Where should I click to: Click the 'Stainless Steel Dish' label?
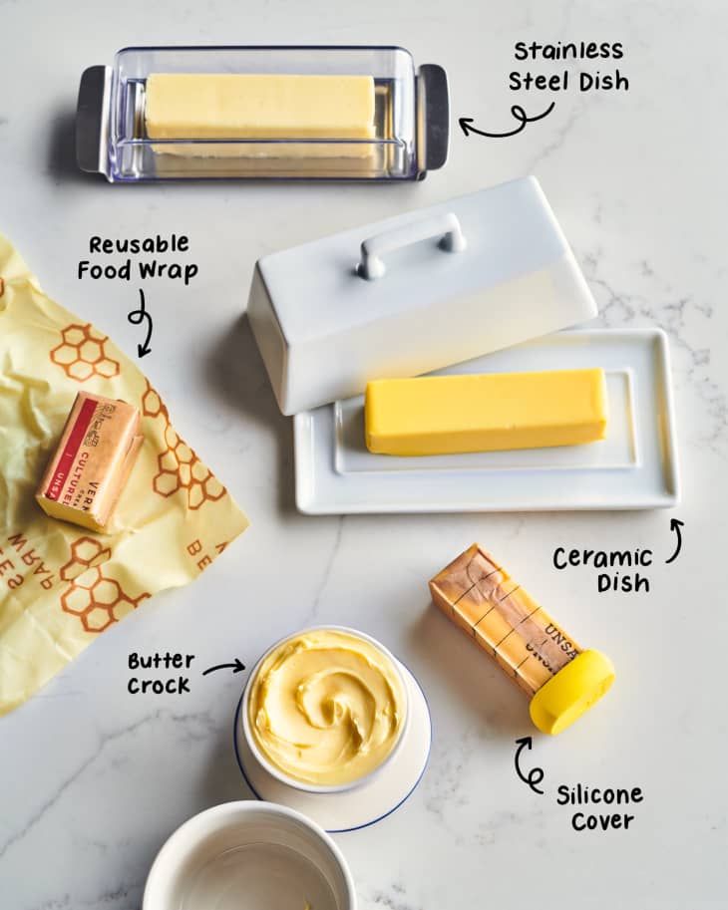[x=567, y=66]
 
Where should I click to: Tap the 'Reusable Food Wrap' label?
[x=138, y=257]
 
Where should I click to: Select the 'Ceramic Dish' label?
[x=602, y=569]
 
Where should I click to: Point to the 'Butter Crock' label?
[x=160, y=673]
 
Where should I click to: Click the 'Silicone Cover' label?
[x=598, y=806]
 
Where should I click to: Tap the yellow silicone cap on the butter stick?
[x=570, y=691]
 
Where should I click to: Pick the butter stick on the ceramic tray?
[x=486, y=411]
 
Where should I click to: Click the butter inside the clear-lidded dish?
[x=259, y=108]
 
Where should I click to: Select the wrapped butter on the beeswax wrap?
[x=90, y=459]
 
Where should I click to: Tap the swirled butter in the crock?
[x=326, y=706]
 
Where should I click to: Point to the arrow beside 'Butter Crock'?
[x=223, y=667]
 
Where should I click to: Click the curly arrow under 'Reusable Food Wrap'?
[x=140, y=321]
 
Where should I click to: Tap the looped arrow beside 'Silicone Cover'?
[x=527, y=764]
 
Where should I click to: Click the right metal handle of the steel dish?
[x=433, y=116]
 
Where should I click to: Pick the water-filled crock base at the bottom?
[x=249, y=862]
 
